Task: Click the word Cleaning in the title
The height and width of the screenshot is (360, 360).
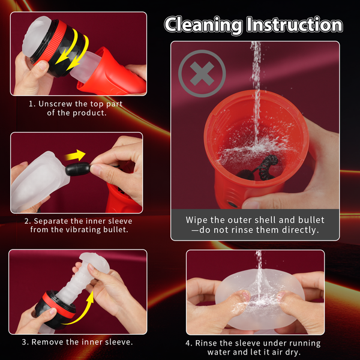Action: (x=203, y=25)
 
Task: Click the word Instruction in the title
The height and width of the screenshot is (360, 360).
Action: (x=295, y=25)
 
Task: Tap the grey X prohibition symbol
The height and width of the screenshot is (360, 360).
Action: (x=202, y=73)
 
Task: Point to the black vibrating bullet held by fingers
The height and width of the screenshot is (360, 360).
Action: (x=77, y=169)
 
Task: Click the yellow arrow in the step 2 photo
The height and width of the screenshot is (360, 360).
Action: (x=76, y=155)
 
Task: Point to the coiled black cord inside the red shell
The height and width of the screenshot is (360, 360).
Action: (x=268, y=167)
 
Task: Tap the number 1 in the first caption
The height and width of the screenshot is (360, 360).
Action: (x=31, y=104)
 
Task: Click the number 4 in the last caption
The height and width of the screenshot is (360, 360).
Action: (x=188, y=343)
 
